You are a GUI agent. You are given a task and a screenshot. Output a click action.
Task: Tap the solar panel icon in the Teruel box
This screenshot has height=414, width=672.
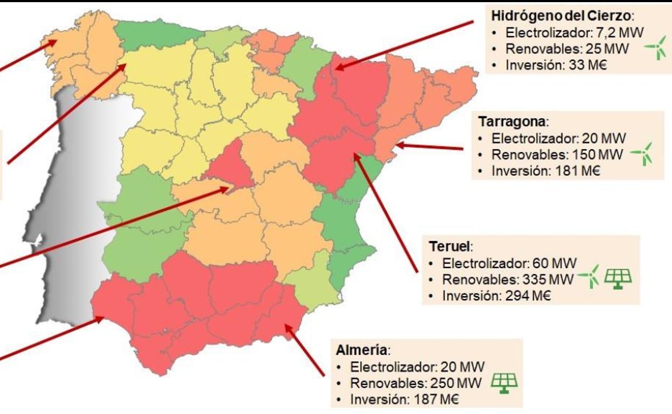click(x=619, y=278)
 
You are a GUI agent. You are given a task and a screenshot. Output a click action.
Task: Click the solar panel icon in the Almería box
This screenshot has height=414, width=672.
click(x=505, y=383)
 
